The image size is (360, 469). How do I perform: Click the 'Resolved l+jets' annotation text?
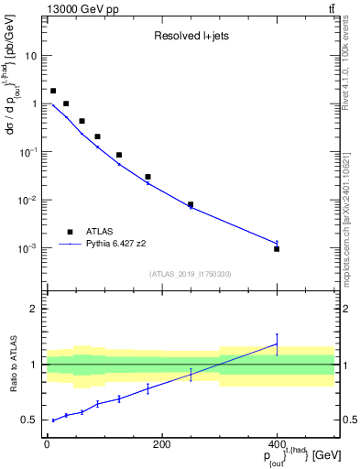(x=191, y=38)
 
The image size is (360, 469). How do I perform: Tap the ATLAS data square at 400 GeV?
(x=277, y=248)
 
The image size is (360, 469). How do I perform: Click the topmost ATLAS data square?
(x=53, y=91)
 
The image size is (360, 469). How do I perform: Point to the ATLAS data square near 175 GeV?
(x=147, y=177)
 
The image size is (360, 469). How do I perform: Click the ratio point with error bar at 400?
(x=277, y=344)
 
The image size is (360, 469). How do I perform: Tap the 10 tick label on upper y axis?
(x=30, y=56)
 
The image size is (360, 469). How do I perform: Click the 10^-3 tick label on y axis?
(x=27, y=248)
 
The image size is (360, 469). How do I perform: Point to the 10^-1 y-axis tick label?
(x=27, y=152)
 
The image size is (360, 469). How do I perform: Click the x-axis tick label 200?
(x=161, y=444)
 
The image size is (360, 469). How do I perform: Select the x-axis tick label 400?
(x=277, y=444)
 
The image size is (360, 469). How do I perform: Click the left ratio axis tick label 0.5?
(x=29, y=420)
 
